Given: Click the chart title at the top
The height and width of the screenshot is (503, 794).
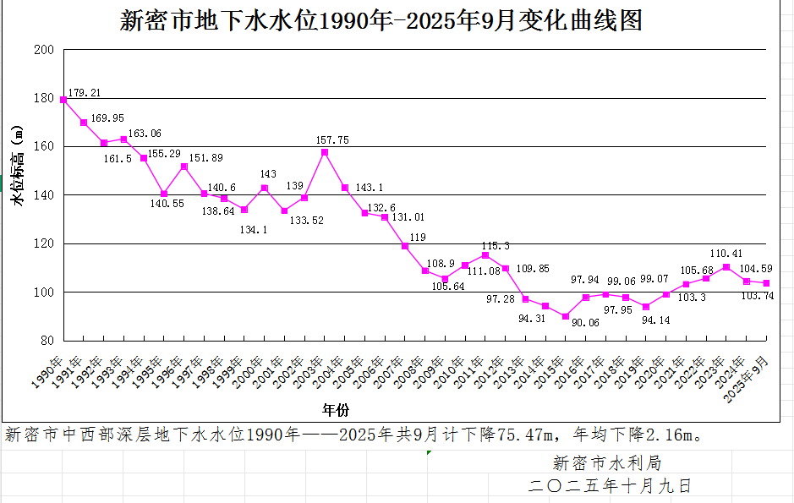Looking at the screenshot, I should (x=381, y=19).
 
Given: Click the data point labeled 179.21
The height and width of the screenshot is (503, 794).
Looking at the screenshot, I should (x=63, y=100).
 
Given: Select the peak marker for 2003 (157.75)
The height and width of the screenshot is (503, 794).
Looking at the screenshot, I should (x=324, y=152).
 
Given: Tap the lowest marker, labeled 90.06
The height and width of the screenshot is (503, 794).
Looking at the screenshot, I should (x=566, y=316).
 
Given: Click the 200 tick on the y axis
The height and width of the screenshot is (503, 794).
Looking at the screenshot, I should (x=43, y=50).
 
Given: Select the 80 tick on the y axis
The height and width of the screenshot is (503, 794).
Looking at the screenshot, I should (x=47, y=341).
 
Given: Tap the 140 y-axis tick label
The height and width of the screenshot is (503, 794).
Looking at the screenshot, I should (x=43, y=195).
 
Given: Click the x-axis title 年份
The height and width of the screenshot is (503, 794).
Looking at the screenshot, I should (x=336, y=410).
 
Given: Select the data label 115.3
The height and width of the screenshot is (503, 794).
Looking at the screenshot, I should (x=496, y=245).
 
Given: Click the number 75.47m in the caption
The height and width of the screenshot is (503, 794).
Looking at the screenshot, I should (x=523, y=436).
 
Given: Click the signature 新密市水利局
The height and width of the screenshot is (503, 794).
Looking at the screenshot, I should (x=607, y=463).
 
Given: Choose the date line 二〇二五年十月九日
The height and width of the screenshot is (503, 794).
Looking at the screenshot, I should (x=609, y=486).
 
